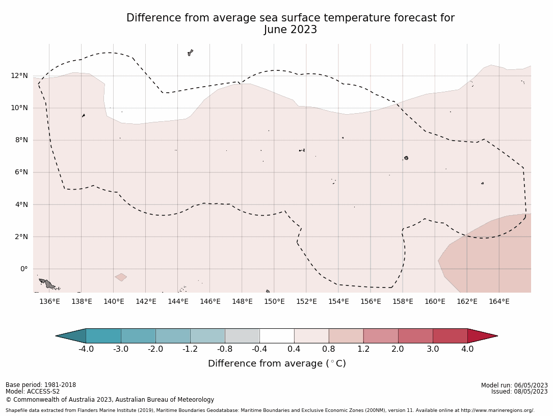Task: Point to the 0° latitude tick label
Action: coord(24,269)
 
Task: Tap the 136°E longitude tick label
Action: coord(49,301)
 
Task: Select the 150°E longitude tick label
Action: coord(274,301)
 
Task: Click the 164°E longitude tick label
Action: coord(499,301)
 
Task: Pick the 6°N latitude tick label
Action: coord(21,172)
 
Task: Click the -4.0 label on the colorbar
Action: coord(86,349)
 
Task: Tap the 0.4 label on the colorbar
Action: coord(294,349)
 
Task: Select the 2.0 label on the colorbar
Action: coord(398,349)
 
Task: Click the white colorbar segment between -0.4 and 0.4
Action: coord(277,336)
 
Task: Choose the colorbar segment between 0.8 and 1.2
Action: coord(346,336)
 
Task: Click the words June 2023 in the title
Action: coord(291,30)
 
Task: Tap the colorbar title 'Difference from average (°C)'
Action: coord(277,363)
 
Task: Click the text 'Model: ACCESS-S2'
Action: coord(33,392)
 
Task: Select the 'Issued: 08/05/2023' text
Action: coord(519,392)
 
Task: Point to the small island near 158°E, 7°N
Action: coord(406,158)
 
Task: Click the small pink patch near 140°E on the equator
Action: coord(121,277)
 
